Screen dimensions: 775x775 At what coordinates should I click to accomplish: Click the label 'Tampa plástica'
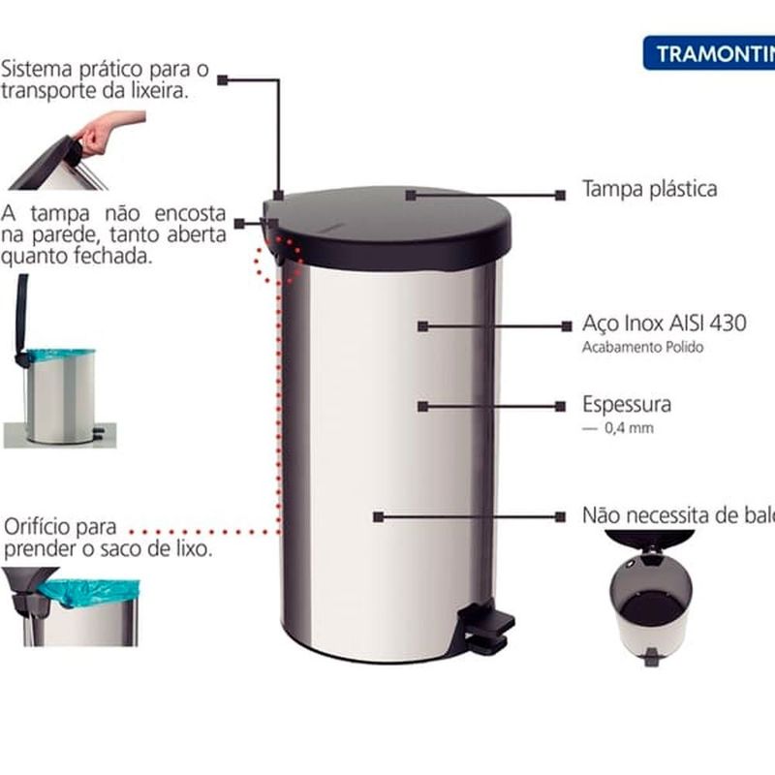coord(649,189)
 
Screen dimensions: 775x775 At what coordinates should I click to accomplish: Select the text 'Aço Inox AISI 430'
coord(665,324)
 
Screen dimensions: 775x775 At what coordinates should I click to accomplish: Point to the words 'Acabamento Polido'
coord(642,348)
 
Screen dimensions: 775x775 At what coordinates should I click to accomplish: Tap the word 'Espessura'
coord(627,404)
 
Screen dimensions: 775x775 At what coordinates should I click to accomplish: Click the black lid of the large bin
coord(397,223)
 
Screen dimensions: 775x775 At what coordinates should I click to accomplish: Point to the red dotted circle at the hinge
coord(279,255)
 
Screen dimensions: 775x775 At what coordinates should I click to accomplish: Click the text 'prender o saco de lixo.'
coord(108,549)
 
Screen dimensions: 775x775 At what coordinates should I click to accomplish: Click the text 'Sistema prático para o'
coord(105,71)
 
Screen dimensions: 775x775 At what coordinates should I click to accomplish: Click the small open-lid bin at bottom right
coord(651,601)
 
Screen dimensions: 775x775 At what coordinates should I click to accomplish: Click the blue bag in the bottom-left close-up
coord(97,591)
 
